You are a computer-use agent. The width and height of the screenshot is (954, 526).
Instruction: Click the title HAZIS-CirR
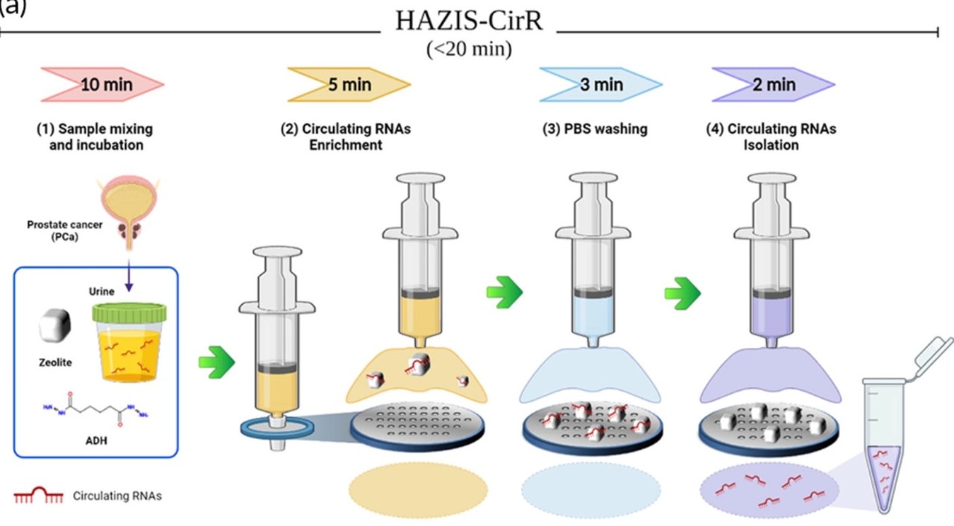tap(469, 21)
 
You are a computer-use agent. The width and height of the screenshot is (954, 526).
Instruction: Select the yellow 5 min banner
tap(350, 84)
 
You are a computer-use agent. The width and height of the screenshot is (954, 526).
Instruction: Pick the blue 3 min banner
tap(601, 84)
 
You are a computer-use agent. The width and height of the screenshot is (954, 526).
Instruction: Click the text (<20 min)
tap(469, 49)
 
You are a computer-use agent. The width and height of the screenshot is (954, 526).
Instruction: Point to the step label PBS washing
tap(595, 129)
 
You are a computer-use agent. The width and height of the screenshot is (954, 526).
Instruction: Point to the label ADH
tap(97, 440)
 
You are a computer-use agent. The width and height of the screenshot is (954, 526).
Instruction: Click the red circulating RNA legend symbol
tap(39, 495)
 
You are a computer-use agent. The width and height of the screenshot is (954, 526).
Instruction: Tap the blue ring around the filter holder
tap(276, 427)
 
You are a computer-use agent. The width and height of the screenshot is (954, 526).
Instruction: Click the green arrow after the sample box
tap(217, 363)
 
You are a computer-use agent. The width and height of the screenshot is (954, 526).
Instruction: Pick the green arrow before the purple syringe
tap(683, 293)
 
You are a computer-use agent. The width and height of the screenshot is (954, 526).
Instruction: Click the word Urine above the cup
tap(101, 291)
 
